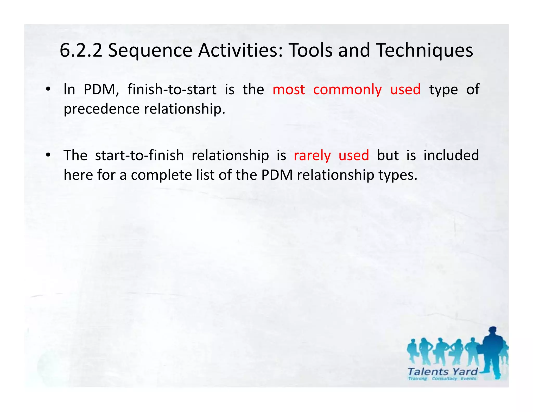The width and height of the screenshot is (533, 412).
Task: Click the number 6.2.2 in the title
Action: point(81,50)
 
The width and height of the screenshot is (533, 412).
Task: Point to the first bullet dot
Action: point(48,90)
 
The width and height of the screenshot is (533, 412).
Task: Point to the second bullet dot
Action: point(48,155)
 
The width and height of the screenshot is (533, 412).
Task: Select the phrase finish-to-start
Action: point(172,90)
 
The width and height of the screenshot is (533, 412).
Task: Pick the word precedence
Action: point(101,109)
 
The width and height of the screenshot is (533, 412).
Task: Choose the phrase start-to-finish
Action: point(139,155)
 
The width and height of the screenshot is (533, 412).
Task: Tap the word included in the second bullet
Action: point(451,155)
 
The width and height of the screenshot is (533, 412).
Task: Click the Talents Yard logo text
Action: point(442,371)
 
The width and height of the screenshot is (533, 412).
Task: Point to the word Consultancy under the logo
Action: point(444,379)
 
